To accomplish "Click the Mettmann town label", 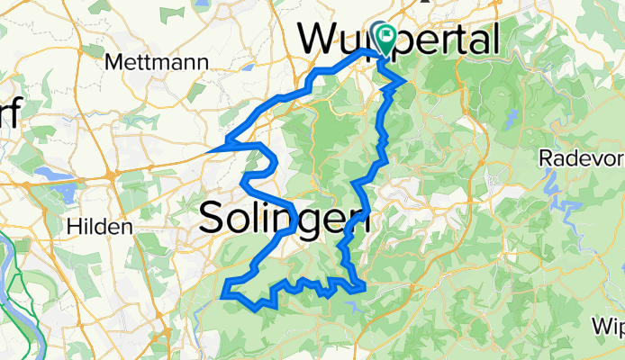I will pos(158,62).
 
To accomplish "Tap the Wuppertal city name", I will pos(400,39).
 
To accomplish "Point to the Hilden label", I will pos(99,226).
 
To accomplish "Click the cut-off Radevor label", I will pos(582,158).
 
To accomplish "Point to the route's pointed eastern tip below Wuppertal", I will pos(403,84).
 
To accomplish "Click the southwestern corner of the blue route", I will pos(222,292).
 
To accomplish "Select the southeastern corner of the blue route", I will pos(364,288).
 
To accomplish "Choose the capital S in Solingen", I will pos(211,217).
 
